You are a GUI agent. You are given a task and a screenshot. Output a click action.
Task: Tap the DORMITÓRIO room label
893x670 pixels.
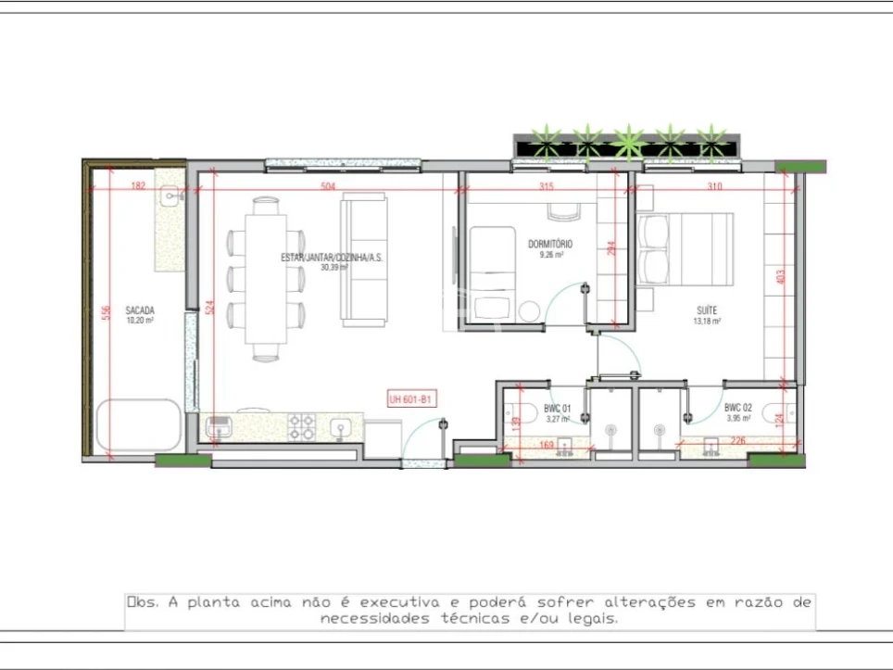[x=550, y=244]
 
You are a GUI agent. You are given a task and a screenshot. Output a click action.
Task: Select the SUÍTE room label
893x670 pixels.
[x=707, y=310]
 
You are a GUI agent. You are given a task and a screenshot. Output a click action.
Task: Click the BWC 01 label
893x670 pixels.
[x=556, y=408]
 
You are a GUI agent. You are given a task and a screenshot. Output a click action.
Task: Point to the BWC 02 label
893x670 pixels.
[x=737, y=408]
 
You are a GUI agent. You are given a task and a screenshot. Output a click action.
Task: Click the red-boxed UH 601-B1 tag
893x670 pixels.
[x=411, y=399]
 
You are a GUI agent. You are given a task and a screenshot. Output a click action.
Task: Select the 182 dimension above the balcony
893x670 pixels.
[x=138, y=186]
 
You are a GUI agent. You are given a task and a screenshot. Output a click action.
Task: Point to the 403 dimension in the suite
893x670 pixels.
[x=780, y=275]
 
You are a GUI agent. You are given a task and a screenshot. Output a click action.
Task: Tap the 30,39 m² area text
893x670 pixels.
[x=333, y=267]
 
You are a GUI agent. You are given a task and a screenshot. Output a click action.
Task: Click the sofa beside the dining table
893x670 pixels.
[x=363, y=259]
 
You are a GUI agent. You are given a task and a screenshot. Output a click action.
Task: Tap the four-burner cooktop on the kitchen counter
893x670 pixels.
[x=302, y=426]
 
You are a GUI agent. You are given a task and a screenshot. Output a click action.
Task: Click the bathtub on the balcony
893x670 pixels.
[x=140, y=425]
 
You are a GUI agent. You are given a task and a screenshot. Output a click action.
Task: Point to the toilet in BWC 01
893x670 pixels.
[x=514, y=413]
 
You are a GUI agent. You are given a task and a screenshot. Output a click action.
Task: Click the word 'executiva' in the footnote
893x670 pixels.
[x=400, y=602]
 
